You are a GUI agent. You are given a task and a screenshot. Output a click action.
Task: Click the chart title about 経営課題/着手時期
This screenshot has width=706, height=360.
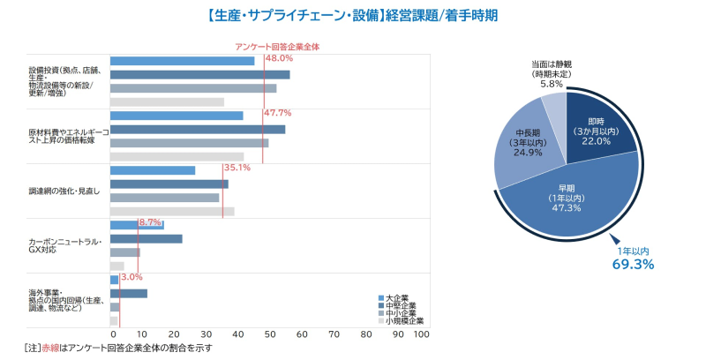[x=353, y=15]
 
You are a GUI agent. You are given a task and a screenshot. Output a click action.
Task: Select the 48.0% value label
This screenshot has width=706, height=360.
[x=279, y=58]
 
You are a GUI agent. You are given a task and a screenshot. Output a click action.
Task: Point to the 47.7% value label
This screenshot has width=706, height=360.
[x=277, y=113]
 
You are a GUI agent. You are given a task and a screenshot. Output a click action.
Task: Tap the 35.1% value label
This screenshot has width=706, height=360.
[x=237, y=168]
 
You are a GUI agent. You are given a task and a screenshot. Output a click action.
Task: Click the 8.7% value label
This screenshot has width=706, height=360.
[x=150, y=222]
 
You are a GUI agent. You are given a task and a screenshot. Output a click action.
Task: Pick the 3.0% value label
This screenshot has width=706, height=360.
[x=131, y=277]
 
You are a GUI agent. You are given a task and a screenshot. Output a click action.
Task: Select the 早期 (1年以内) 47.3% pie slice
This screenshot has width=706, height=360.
[x=565, y=199]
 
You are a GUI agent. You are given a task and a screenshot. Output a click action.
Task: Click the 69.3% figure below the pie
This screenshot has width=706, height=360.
[x=633, y=264]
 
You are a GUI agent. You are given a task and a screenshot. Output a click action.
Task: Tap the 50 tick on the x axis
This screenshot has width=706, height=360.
[x=270, y=334]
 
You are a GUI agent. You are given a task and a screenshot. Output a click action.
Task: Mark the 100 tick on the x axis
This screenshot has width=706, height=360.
[x=421, y=334]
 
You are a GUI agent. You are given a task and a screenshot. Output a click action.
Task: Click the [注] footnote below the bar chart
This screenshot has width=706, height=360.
[x=118, y=349]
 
